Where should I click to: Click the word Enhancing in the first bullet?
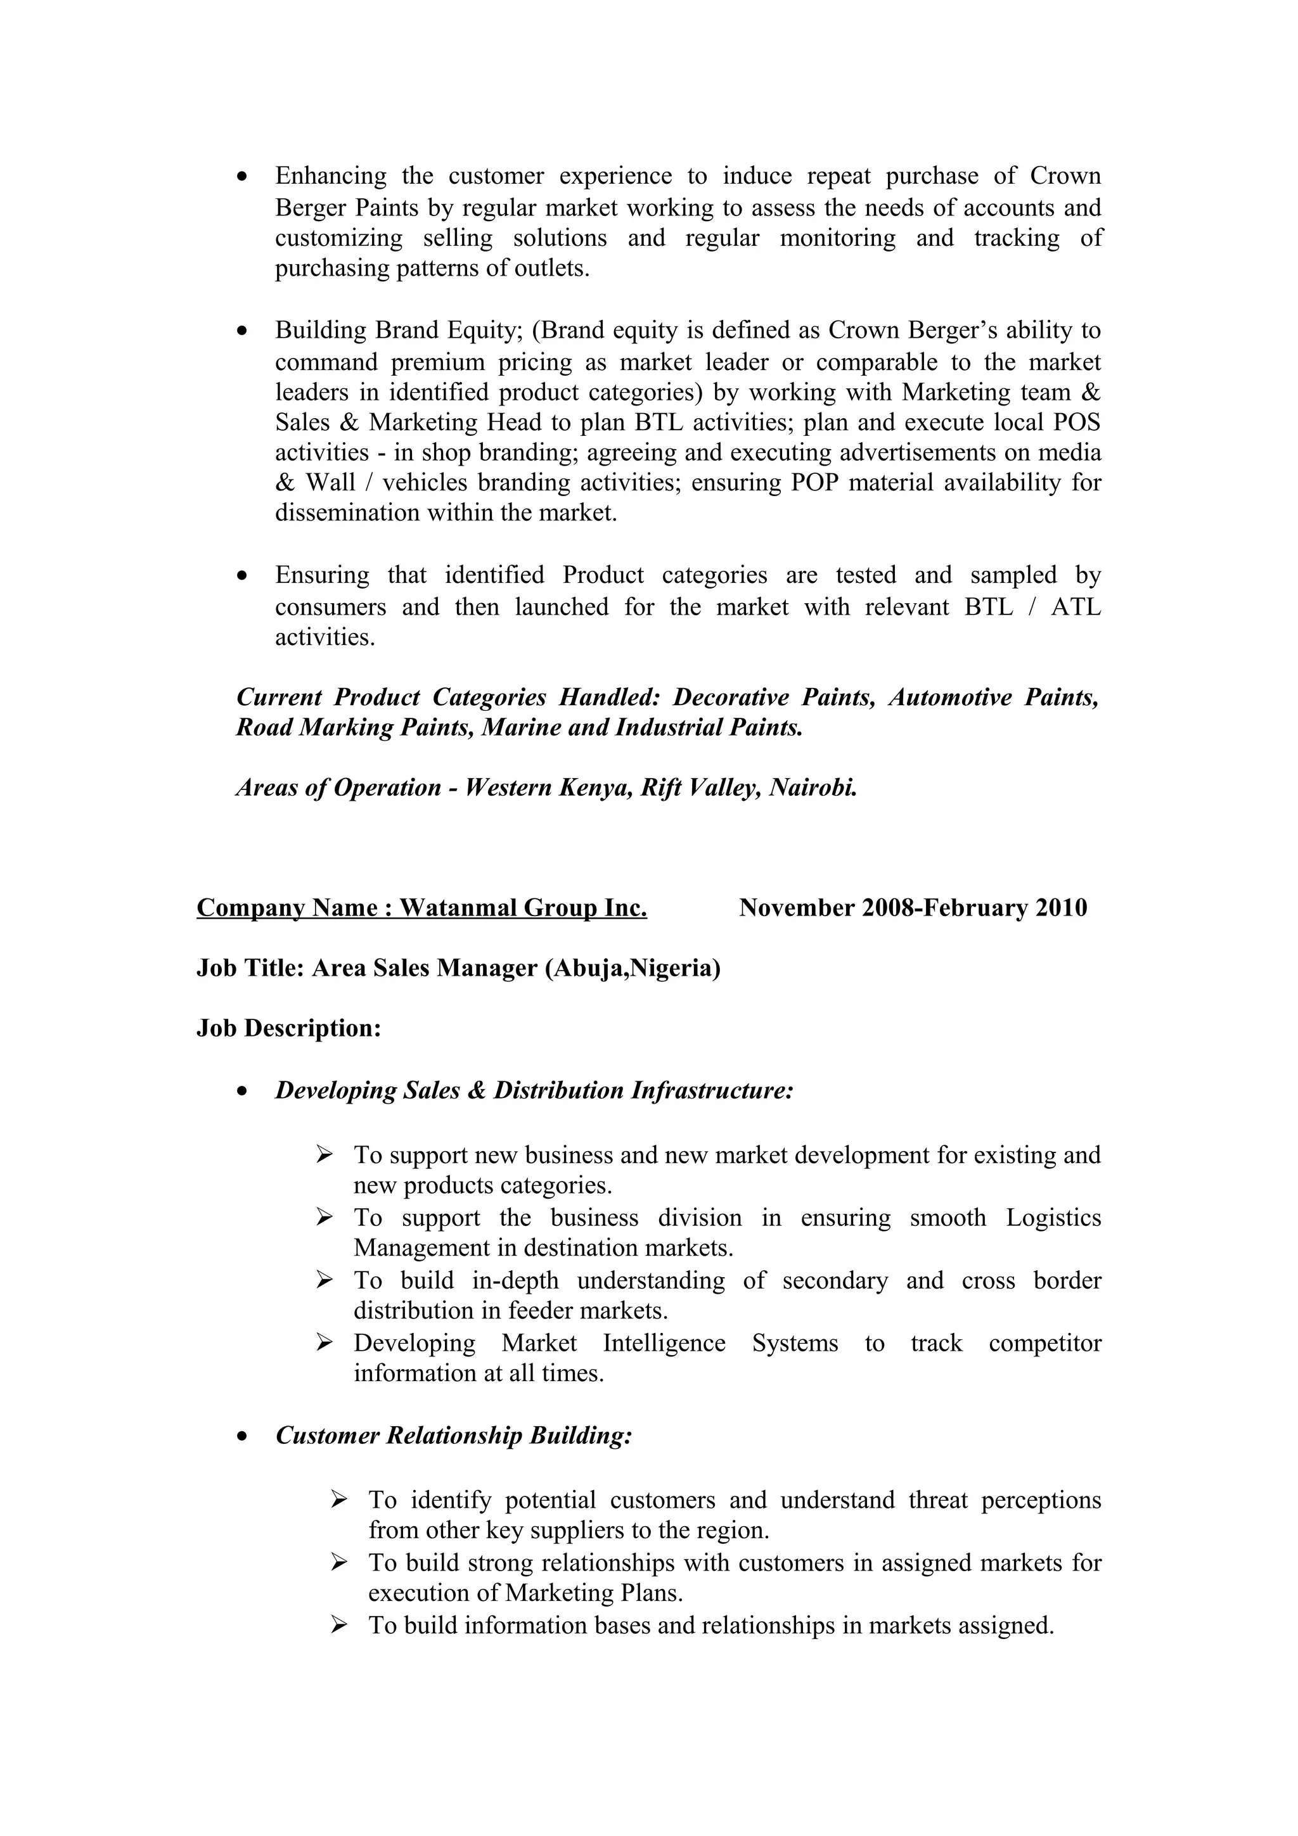tap(330, 176)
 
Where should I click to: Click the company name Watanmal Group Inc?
tap(523, 908)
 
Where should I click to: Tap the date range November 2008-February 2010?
tap(913, 908)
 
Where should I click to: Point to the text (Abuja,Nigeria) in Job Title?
tap(633, 969)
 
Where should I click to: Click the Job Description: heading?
tap(289, 1028)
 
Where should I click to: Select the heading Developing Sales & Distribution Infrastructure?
tap(534, 1091)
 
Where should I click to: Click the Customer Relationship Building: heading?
tap(453, 1436)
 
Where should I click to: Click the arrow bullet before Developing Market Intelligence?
tap(323, 1343)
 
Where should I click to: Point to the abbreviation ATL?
tap(1076, 607)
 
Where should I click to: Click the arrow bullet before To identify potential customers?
tap(338, 1500)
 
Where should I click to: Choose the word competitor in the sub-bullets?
tap(1044, 1343)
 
